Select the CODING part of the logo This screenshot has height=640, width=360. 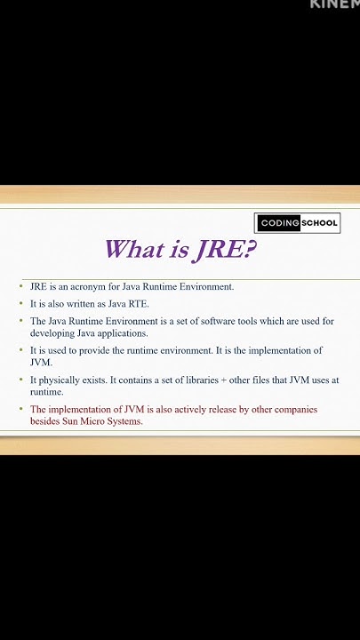pyautogui.click(x=278, y=223)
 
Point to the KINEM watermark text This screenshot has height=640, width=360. pyautogui.click(x=334, y=4)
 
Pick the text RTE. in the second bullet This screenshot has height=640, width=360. pyautogui.click(x=139, y=304)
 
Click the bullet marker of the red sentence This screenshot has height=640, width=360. pyautogui.click(x=21, y=410)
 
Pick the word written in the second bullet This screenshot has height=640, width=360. pyautogui.click(x=81, y=304)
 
